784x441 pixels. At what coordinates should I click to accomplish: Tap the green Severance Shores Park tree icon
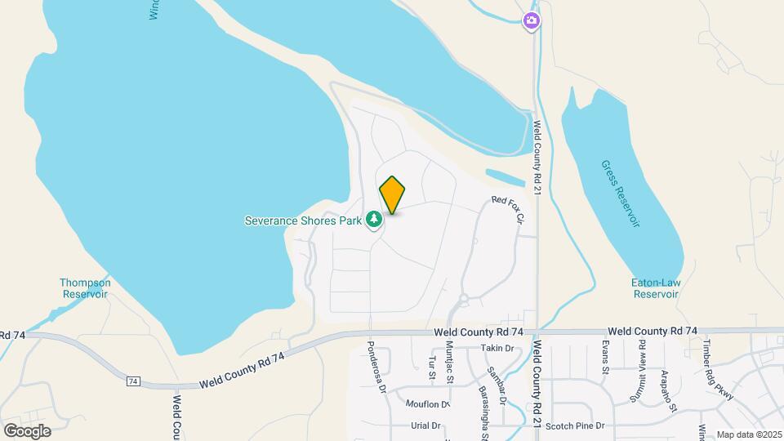(x=374, y=219)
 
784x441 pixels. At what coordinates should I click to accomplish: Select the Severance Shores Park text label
(x=303, y=220)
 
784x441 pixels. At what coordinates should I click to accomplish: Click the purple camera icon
(x=532, y=20)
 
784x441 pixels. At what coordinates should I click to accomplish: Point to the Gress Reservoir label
(x=620, y=182)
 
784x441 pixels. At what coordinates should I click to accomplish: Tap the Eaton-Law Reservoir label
(x=657, y=288)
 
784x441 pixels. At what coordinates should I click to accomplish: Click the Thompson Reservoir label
(x=85, y=288)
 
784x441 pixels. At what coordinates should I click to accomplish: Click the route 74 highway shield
(x=133, y=381)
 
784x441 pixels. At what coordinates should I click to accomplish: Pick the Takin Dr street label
(x=497, y=348)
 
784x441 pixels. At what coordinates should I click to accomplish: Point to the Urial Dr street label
(x=425, y=425)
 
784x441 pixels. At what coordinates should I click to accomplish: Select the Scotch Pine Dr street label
(x=575, y=425)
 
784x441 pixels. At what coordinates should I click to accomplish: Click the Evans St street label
(x=606, y=357)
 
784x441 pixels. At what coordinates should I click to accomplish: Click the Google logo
(x=27, y=430)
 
